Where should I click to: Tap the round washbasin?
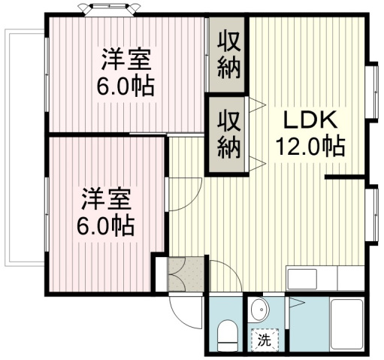[x=258, y=310]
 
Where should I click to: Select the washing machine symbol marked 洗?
[x=265, y=339]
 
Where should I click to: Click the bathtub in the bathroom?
[x=346, y=323]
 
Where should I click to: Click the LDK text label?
[x=313, y=120]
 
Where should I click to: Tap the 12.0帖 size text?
[x=313, y=145]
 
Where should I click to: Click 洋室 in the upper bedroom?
[x=125, y=59]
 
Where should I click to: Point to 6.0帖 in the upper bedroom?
[x=125, y=84]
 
